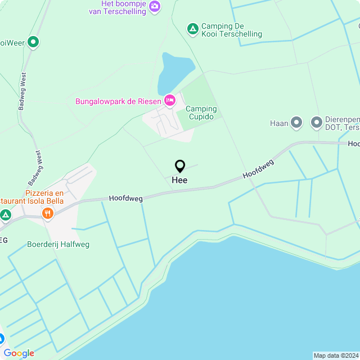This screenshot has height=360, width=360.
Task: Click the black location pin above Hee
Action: [180, 166]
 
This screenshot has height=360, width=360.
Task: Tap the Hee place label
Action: [179, 180]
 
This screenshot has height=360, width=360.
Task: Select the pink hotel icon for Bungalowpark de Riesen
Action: [170, 101]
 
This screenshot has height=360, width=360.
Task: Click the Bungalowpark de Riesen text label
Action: [119, 102]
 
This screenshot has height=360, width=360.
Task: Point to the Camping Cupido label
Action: [201, 112]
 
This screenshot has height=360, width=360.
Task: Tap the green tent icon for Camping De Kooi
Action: [192, 28]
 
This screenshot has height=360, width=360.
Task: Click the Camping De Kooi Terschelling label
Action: [231, 30]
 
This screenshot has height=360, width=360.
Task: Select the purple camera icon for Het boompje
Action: [155, 7]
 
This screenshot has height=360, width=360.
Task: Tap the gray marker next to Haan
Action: [296, 123]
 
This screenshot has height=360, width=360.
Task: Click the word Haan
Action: [279, 123]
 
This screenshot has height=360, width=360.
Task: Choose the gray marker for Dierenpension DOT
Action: [317, 123]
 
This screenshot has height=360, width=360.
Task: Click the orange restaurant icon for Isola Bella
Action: [47, 213]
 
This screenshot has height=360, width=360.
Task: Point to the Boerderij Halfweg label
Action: [58, 244]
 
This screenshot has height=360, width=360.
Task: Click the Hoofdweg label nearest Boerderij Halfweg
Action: [125, 198]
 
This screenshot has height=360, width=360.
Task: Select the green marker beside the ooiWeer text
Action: [33, 42]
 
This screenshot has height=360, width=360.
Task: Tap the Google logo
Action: [19, 353]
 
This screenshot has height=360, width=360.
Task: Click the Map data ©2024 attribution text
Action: [336, 355]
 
